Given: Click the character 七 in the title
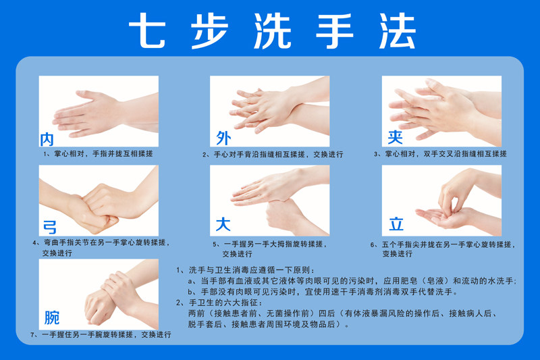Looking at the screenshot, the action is point(147,30).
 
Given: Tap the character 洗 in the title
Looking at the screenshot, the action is point(273,30).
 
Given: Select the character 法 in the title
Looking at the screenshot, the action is point(397,30).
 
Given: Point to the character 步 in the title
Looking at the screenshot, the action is point(210,30).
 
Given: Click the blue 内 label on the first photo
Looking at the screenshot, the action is point(47,139).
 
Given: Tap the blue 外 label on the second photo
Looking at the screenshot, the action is point(223,138).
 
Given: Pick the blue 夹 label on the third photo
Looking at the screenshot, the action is point(395,137).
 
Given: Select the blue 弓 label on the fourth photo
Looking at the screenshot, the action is point(50,227).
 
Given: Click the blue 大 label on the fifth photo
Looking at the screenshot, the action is point(223,224).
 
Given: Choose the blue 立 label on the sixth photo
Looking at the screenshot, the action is point(396,224).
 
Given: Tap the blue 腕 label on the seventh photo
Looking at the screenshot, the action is point(52,317).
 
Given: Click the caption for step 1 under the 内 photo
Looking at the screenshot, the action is point(98,153).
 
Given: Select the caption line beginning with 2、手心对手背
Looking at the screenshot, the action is point(273,155).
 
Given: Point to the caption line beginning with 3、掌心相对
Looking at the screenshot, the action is point(440,153).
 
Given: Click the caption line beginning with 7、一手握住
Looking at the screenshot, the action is point(101,334).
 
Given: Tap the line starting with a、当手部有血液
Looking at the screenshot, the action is point(352,281).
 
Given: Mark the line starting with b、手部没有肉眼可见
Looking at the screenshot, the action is point(323,292).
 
